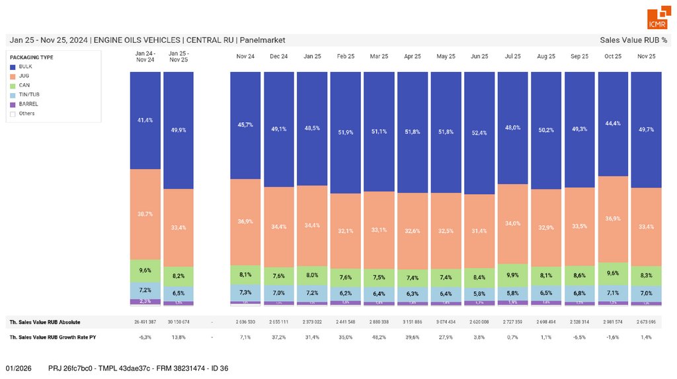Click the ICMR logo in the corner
(657, 18)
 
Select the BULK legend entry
(26, 67)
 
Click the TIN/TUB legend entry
(30, 94)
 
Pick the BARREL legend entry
(28, 104)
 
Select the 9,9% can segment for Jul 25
(513, 275)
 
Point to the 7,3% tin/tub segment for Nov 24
(245, 293)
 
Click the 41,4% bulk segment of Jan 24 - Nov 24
(145, 120)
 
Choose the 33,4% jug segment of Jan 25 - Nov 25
(179, 227)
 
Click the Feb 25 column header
(346, 57)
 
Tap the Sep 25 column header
(580, 57)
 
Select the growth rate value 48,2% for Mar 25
(379, 337)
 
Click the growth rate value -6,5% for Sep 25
(580, 337)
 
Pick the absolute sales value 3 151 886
(413, 322)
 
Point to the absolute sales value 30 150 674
(179, 322)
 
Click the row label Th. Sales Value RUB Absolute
(45, 322)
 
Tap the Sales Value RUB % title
(633, 40)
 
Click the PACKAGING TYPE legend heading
(32, 57)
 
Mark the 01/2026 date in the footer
(19, 367)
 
